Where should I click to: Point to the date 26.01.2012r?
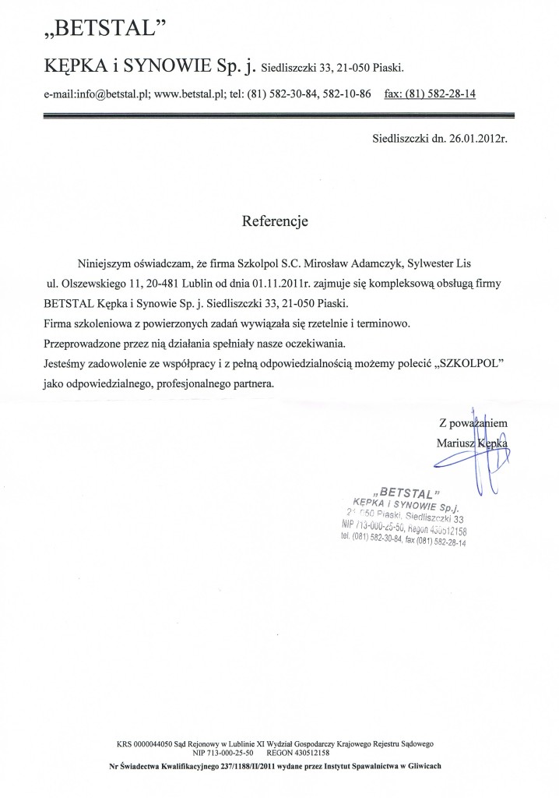[466, 140]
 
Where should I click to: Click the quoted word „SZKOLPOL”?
[468, 363]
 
